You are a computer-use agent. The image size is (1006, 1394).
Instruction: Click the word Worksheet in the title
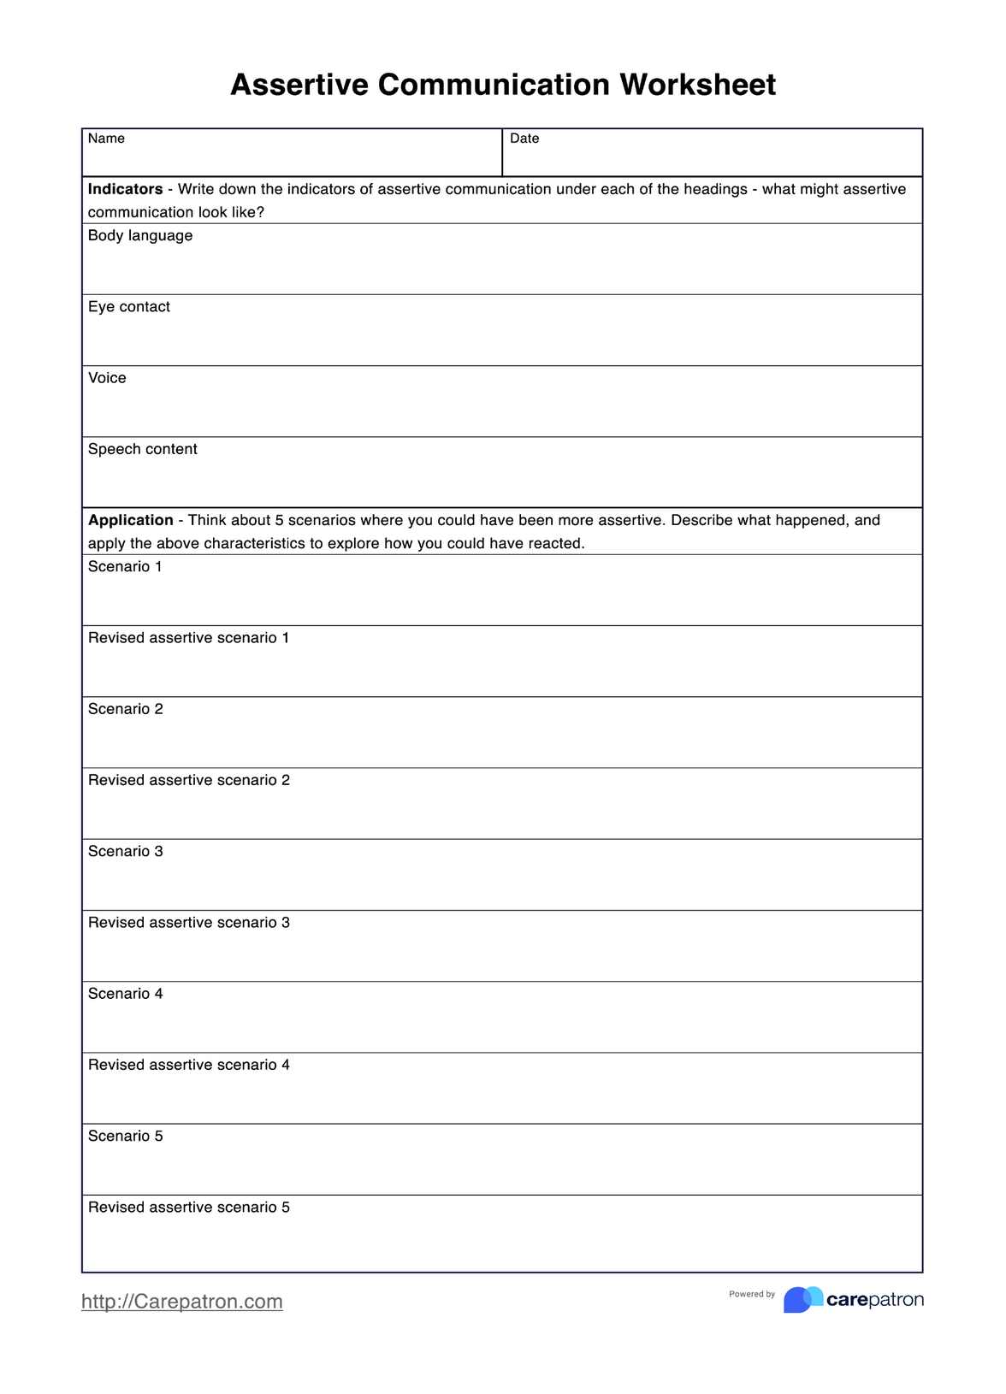pos(697,85)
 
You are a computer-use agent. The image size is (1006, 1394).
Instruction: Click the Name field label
pos(106,139)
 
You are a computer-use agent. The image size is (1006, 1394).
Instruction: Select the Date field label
pos(524,139)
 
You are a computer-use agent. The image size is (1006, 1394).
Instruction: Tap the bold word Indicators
pos(125,189)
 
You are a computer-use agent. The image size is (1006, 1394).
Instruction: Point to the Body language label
pos(140,235)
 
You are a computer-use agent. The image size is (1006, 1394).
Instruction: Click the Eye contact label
pos(129,307)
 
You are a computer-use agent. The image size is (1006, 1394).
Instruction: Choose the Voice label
pos(107,378)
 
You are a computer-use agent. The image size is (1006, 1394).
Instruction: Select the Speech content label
pos(143,449)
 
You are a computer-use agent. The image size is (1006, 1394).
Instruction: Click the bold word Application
pos(130,520)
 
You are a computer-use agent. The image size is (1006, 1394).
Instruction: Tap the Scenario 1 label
pos(125,566)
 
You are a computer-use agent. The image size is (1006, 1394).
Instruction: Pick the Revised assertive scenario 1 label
pos(188,638)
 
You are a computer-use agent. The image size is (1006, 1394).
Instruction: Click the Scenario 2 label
pos(125,709)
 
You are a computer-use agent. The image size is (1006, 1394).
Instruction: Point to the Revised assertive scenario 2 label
pos(189,780)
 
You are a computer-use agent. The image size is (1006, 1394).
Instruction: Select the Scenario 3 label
pos(125,851)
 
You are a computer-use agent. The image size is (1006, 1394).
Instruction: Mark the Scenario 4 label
pos(125,994)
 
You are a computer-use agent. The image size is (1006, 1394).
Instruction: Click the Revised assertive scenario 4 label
pos(189,1065)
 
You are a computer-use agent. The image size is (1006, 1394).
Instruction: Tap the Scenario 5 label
pos(125,1136)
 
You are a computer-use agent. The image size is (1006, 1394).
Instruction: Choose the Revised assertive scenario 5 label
pos(189,1207)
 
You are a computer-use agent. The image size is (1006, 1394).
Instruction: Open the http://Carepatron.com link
pos(182,1301)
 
